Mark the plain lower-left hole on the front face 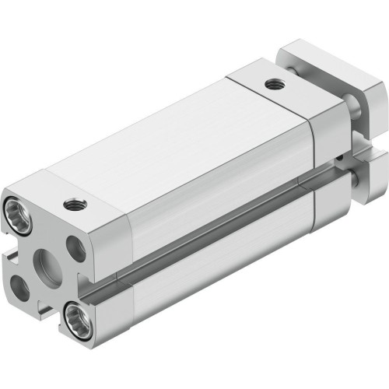click(19, 289)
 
